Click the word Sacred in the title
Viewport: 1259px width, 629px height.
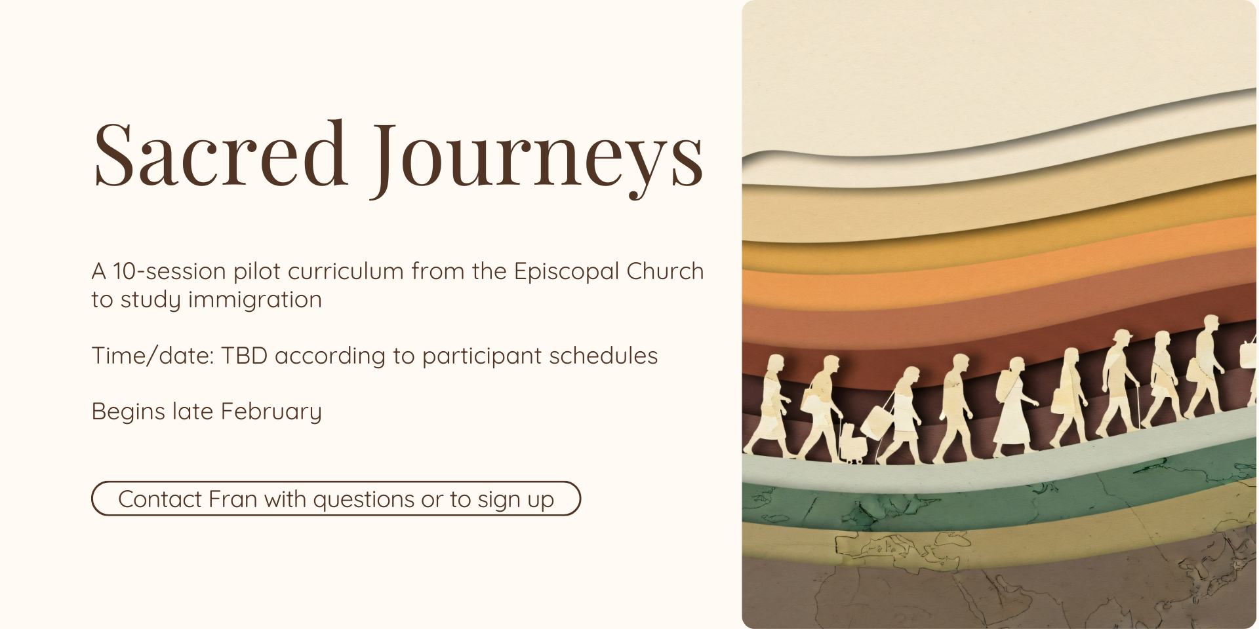click(x=220, y=155)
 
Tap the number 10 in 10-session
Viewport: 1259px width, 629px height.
click(x=124, y=271)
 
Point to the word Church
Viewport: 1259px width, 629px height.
click(x=665, y=271)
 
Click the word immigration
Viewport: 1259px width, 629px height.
click(x=255, y=300)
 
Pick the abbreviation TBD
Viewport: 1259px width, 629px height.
click(x=244, y=356)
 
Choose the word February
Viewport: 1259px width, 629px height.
click(x=271, y=412)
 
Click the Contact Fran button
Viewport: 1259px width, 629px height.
click(x=336, y=499)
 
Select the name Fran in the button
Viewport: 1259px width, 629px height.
click(x=233, y=499)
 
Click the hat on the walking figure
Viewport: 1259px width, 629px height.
click(x=1122, y=334)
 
